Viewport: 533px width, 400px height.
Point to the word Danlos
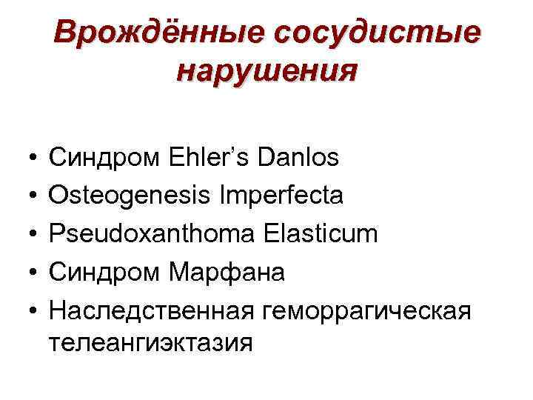tap(298, 157)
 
